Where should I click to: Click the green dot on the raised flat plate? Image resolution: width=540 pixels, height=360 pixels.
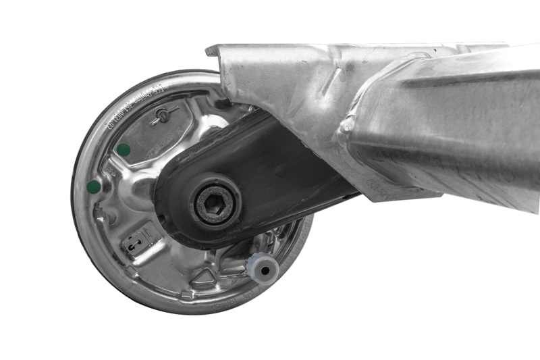point(123,149)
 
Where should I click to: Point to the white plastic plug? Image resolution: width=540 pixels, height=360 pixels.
point(263,269)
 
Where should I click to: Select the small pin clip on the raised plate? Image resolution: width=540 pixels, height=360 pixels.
point(164,115)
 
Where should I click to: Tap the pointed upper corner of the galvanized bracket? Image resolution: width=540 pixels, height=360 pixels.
point(210,50)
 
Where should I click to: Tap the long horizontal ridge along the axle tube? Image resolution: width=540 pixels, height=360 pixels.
point(459,74)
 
